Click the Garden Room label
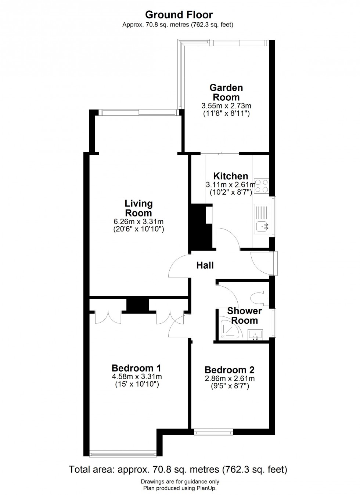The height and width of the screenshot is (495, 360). [226, 93]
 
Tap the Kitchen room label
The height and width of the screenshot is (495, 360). [231, 176]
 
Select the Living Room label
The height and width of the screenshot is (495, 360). [138, 208]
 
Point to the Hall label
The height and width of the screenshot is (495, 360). [205, 265]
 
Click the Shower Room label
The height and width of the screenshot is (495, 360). [244, 315]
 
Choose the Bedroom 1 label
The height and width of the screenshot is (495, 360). [136, 368]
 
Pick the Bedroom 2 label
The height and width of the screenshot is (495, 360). [230, 370]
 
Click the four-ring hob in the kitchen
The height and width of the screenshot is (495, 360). [261, 186]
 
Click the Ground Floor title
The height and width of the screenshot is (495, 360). [179, 15]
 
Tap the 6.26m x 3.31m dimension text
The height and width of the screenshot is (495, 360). [138, 222]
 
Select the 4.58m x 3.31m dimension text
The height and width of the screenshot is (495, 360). [137, 377]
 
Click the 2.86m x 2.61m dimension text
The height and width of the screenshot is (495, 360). [230, 379]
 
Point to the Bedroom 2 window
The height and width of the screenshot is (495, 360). [213, 433]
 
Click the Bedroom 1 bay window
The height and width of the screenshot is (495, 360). [123, 455]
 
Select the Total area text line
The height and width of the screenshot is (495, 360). [178, 469]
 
